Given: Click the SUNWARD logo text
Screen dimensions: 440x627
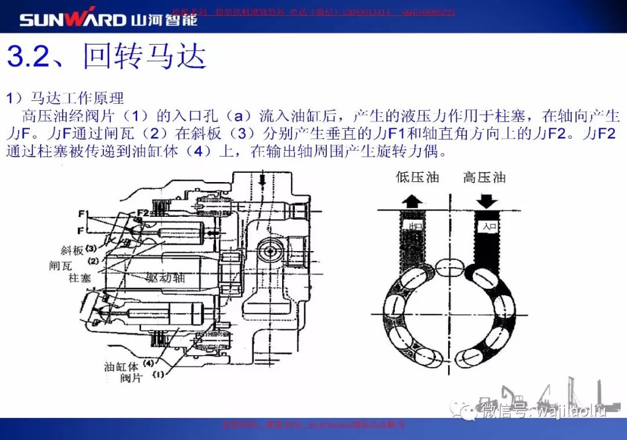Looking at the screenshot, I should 73,19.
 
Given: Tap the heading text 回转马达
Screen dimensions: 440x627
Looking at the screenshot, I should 145,56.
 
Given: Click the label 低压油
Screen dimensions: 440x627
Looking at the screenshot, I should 417,177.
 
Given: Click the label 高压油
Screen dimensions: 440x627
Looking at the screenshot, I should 484,177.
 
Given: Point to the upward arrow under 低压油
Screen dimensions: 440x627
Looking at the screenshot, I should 413,201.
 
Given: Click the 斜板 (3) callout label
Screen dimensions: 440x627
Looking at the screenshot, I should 78,250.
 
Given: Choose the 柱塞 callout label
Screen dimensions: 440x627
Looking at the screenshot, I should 80,278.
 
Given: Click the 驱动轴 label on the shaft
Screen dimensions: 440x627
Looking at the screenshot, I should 165,278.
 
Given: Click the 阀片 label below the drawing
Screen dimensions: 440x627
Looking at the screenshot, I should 131,379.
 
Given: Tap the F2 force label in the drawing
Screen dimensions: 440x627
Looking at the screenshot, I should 143,213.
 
